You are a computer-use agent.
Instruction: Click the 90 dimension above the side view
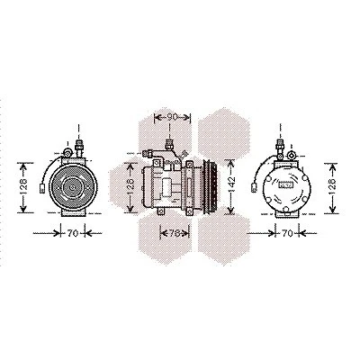coord(172,117)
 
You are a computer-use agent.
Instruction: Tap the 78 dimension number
coord(175,233)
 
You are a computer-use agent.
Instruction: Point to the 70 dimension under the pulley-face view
coord(73,233)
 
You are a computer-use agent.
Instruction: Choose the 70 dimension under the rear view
coord(287,233)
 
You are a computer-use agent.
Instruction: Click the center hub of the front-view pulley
coord(72,187)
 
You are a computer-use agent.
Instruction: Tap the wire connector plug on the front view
coord(42,188)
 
